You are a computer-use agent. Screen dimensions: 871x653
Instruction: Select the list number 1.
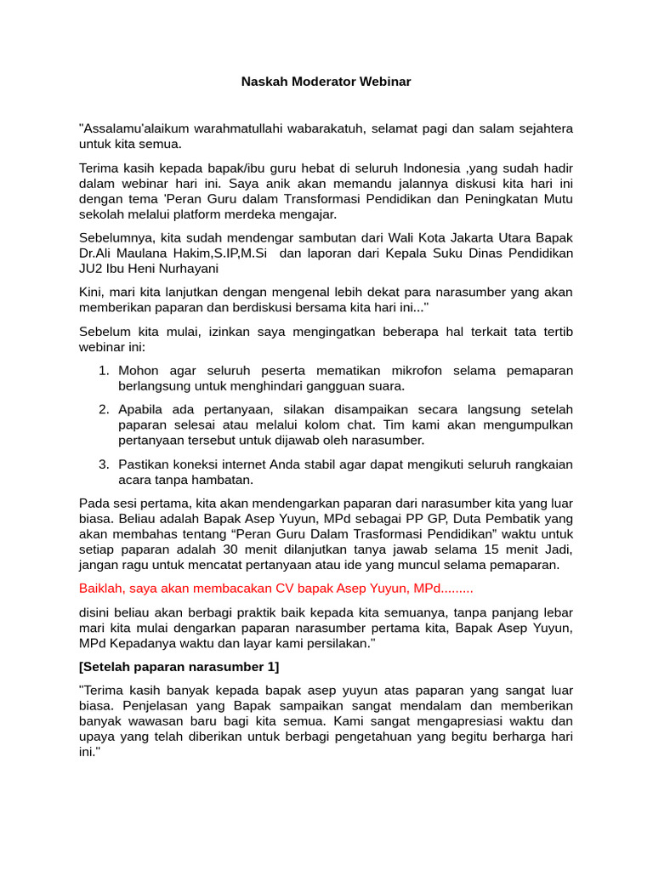pyautogui.click(x=104, y=371)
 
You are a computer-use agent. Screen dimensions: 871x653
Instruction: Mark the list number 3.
pyautogui.click(x=104, y=464)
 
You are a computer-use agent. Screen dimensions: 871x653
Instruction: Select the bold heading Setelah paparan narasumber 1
pyautogui.click(x=179, y=666)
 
